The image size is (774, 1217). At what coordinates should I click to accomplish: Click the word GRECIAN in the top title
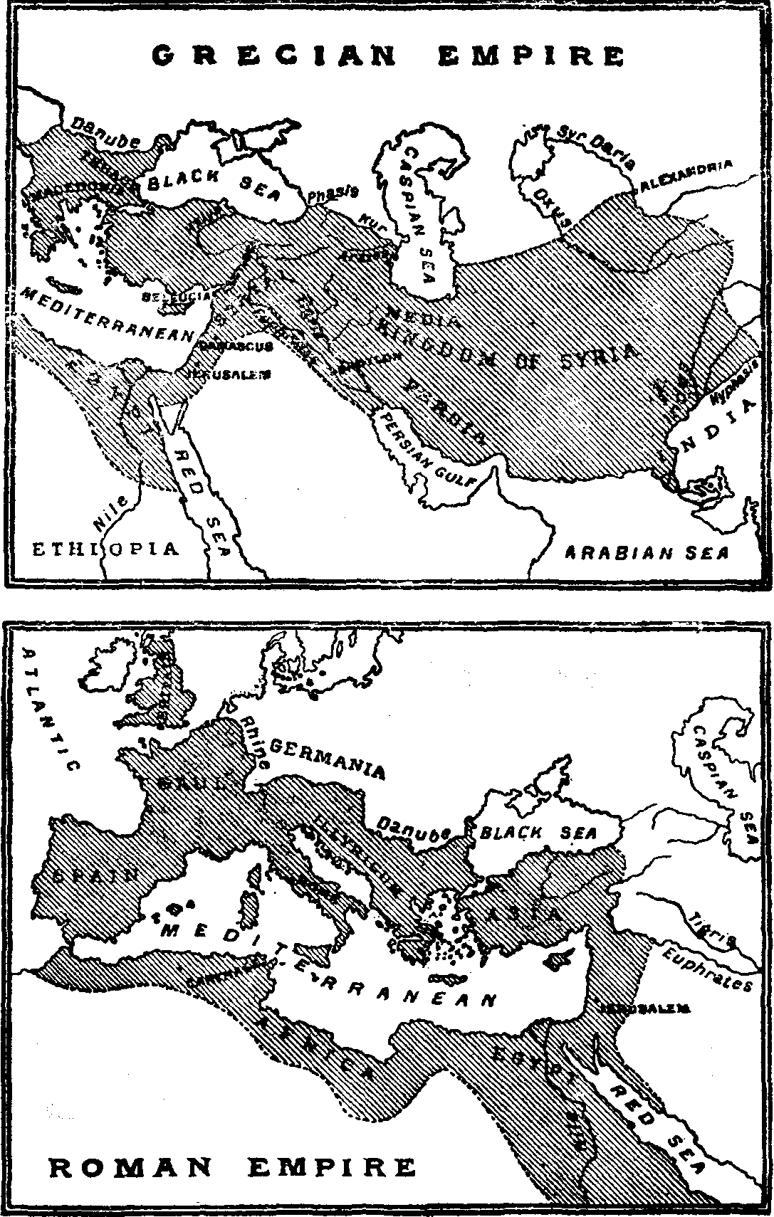(x=275, y=56)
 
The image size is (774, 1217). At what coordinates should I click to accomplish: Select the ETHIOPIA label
(x=104, y=549)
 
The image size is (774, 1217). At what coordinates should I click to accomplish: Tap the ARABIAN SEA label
(x=647, y=552)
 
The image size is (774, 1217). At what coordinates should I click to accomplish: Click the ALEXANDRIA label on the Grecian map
(x=686, y=175)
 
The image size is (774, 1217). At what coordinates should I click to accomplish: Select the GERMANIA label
(x=328, y=759)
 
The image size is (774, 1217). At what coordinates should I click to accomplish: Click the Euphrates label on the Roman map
(x=708, y=969)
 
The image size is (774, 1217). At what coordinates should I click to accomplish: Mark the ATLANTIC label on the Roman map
(x=49, y=708)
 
